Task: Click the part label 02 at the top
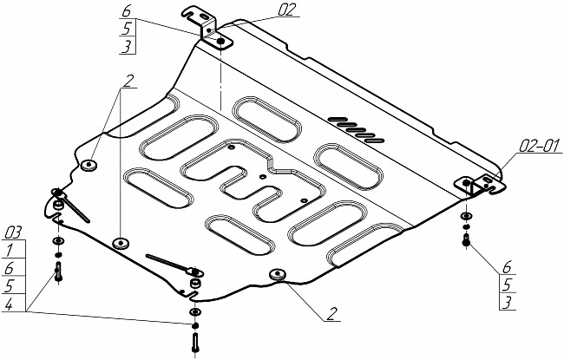tap(264, 10)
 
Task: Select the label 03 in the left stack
tap(12, 232)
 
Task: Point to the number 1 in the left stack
tap(9, 249)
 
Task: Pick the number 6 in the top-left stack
tap(127, 12)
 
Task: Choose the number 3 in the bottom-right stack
tap(508, 302)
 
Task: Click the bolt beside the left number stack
tap(58, 272)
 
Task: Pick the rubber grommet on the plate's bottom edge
tap(278, 275)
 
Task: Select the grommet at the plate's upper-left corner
tap(90, 164)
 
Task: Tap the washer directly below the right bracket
tap(467, 217)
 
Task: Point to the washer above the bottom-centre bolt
tap(193, 312)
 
